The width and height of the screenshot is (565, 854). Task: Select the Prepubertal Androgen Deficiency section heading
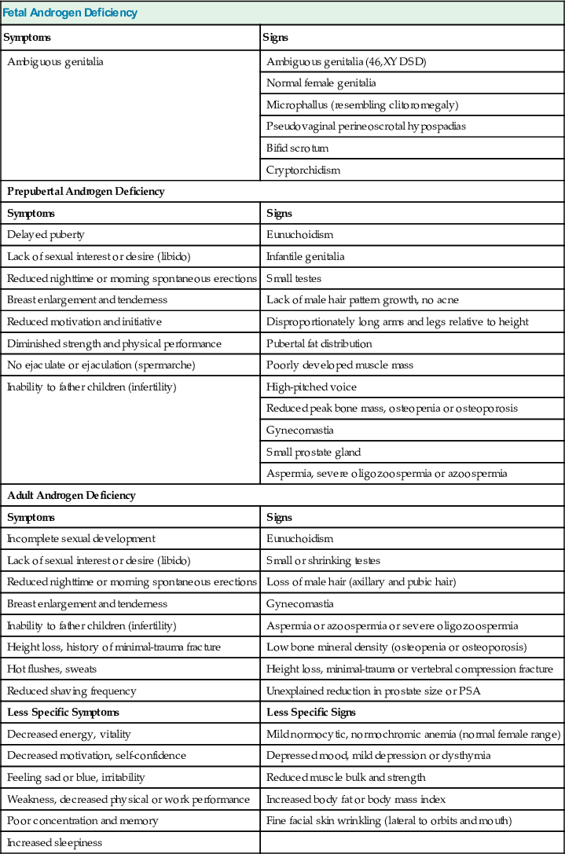[x=86, y=191]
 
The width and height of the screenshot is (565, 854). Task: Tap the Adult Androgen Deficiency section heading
[x=72, y=495]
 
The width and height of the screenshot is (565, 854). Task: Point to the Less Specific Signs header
[x=311, y=712]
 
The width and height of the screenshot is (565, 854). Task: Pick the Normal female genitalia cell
[x=321, y=82]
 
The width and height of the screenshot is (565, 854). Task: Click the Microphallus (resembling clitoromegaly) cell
[x=362, y=104]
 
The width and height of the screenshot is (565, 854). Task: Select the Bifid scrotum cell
[x=298, y=148]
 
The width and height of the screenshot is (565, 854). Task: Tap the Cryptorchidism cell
[x=303, y=170]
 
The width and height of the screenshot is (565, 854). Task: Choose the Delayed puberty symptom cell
[x=46, y=234]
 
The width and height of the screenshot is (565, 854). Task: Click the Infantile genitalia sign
[x=305, y=256]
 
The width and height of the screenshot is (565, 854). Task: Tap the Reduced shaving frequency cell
[x=72, y=691]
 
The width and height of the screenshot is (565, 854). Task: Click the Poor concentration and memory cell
[x=83, y=820]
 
